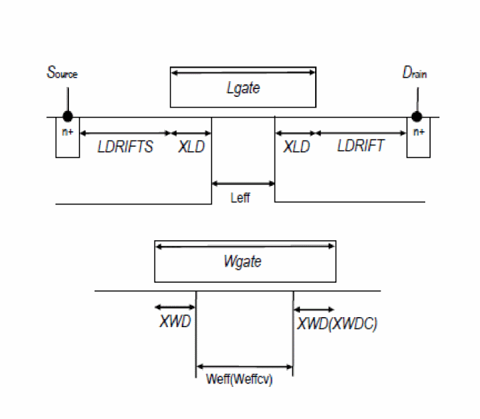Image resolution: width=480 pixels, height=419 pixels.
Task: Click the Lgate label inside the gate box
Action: tap(242, 89)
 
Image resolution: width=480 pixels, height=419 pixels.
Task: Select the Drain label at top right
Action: tap(415, 73)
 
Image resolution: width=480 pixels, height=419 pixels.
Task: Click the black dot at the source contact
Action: tap(67, 116)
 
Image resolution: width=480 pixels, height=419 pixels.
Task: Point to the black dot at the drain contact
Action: tap(417, 116)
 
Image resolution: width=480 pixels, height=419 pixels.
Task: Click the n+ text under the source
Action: tap(68, 132)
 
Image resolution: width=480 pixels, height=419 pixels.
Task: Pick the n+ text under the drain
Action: tap(418, 132)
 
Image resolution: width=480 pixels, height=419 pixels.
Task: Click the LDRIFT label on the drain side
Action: tap(361, 147)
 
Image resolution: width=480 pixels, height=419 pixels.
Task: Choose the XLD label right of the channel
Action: tap(297, 148)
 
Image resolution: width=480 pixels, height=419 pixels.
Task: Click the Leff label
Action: tap(240, 198)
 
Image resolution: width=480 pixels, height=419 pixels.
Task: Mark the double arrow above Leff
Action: tap(243, 184)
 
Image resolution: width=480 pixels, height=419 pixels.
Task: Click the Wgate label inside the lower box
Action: tap(242, 262)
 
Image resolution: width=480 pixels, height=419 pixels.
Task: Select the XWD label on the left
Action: tap(175, 322)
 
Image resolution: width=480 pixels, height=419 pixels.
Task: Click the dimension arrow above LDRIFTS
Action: tap(125, 133)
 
